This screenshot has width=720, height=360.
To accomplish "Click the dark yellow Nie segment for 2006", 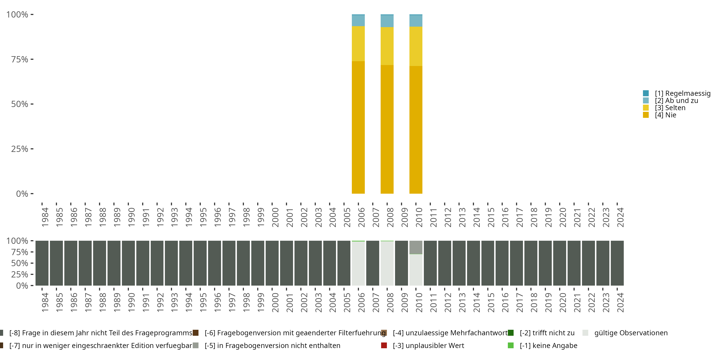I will [358, 127].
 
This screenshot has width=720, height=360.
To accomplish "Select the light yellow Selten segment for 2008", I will [387, 46].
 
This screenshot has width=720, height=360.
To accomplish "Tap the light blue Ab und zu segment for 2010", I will [416, 21].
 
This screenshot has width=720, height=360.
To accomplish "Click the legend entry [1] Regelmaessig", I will [682, 93].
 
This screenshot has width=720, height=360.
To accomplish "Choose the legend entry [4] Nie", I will [665, 115].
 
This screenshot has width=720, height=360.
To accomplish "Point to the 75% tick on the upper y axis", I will [20, 59].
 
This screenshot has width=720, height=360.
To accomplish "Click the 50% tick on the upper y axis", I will [20, 104].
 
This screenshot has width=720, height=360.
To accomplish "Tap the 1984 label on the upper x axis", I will [45, 217].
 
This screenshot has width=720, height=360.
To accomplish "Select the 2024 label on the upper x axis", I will [620, 217].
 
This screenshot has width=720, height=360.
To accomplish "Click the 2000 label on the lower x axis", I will [275, 302].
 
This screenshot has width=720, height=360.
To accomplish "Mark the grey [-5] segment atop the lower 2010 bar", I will [416, 247].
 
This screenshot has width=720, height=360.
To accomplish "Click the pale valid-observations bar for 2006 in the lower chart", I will [358, 263].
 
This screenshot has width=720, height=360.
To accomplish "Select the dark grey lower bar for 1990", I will [128, 263].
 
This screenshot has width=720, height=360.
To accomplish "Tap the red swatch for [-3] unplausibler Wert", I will [384, 345].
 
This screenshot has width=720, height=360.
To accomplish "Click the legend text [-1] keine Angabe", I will [548, 345].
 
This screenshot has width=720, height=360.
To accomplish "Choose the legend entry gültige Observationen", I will [631, 333].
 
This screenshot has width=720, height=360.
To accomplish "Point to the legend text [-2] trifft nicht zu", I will [547, 333].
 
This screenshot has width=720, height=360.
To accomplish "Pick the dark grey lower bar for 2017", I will [516, 263].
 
